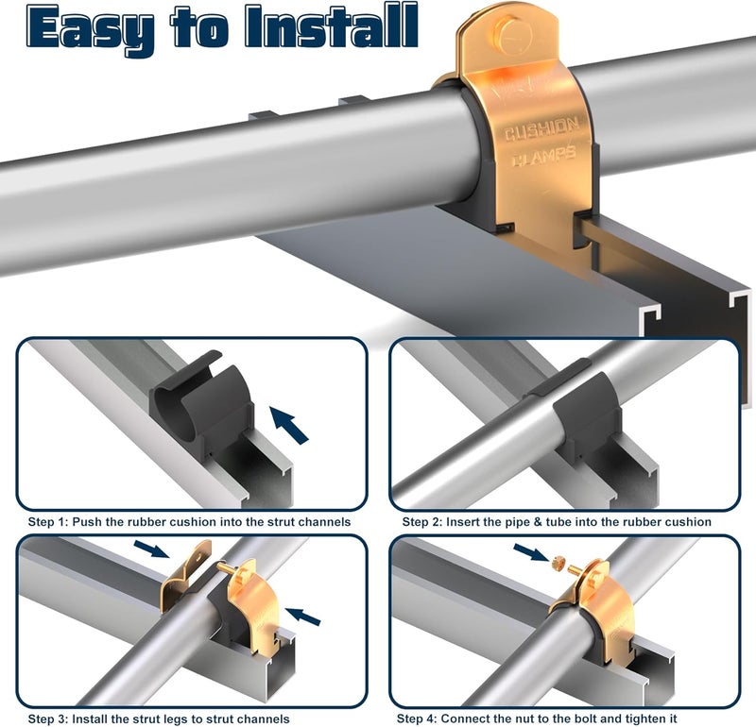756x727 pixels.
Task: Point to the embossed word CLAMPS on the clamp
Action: (x=543, y=156)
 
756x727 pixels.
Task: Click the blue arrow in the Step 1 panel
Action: (x=288, y=424)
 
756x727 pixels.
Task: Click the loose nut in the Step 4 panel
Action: (x=558, y=561)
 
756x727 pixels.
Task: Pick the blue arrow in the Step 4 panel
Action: (x=531, y=552)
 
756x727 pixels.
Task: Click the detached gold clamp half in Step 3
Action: (x=185, y=575)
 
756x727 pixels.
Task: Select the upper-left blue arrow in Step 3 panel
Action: (x=151, y=549)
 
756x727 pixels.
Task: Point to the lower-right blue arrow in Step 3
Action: (x=302, y=617)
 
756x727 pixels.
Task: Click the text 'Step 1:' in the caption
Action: (x=48, y=522)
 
